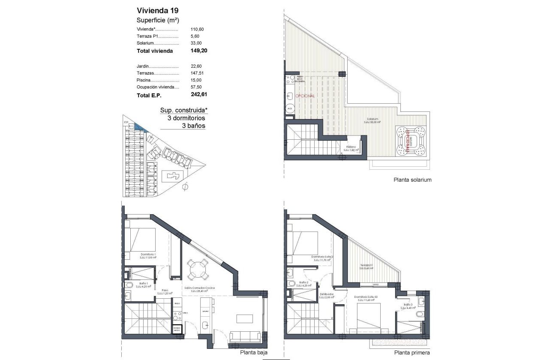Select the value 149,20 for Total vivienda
tap(199, 51)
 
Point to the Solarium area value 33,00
tap(196, 43)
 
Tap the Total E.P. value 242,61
tap(199, 95)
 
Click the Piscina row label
tap(144, 80)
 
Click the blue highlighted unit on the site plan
tap(140, 127)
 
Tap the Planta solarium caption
tap(412, 180)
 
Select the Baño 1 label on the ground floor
tap(144, 284)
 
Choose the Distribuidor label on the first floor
tap(327, 294)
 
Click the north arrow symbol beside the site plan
tap(185, 187)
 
